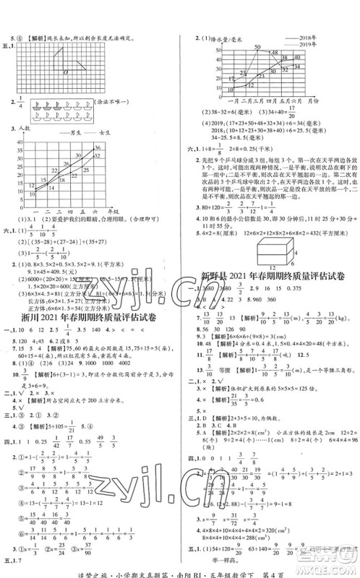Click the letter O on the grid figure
pyautogui.click(x=66, y=72)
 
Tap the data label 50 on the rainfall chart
pyautogui.click(x=256, y=46)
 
